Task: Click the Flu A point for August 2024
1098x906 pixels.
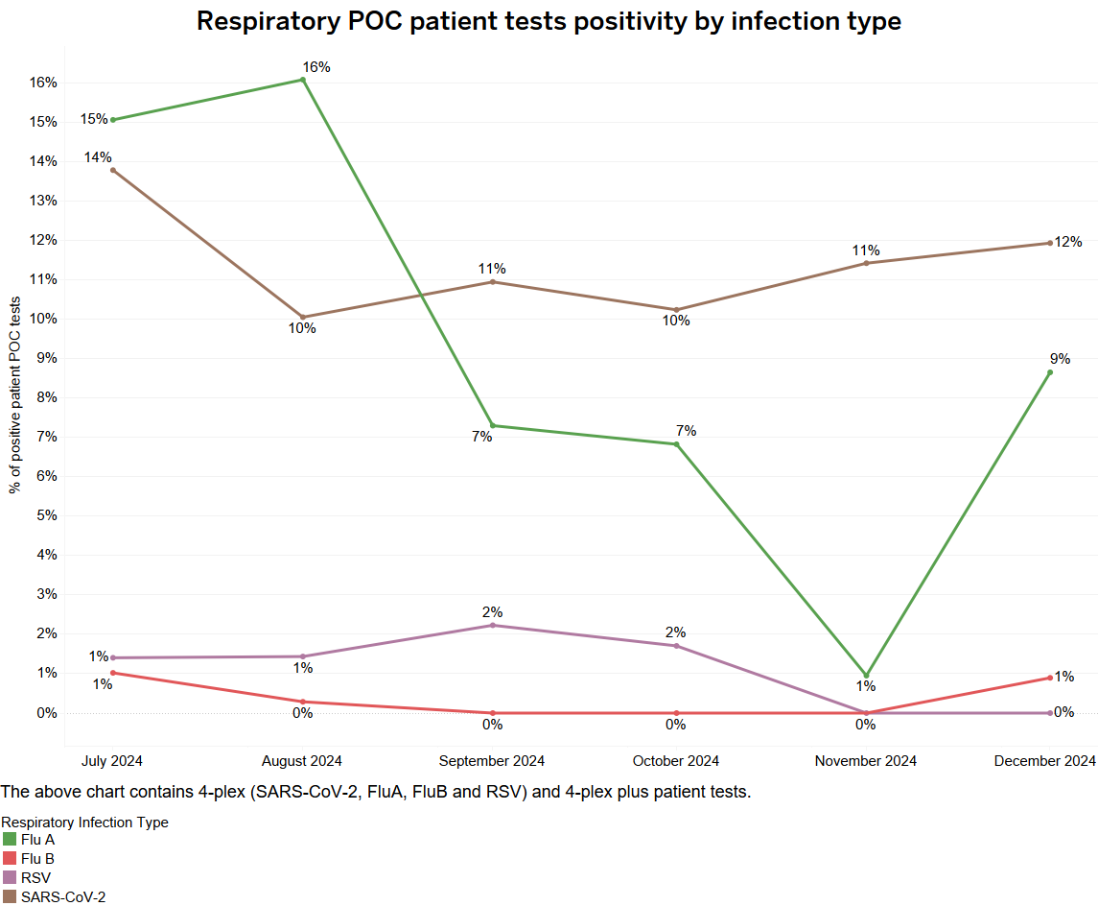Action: tap(303, 80)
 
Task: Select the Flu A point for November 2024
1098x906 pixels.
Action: tap(866, 676)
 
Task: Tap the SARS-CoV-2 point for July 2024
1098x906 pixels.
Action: tap(113, 170)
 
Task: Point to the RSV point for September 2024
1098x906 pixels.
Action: tap(492, 626)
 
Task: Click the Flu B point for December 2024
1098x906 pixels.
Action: tap(1050, 678)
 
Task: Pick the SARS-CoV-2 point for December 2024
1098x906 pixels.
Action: tap(1050, 243)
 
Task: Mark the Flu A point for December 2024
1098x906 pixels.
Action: tap(1050, 372)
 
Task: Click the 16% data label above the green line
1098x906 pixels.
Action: tap(316, 67)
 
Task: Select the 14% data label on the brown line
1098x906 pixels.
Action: tap(97, 157)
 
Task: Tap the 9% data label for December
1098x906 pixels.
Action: tap(1060, 359)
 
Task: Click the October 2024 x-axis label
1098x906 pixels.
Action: tap(676, 761)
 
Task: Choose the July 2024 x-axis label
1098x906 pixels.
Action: tap(113, 761)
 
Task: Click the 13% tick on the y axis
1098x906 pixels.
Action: tap(42, 201)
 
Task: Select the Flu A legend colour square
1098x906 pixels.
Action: tap(10, 839)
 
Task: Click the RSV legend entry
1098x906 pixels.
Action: tap(35, 877)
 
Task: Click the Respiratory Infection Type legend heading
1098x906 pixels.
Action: tap(84, 823)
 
